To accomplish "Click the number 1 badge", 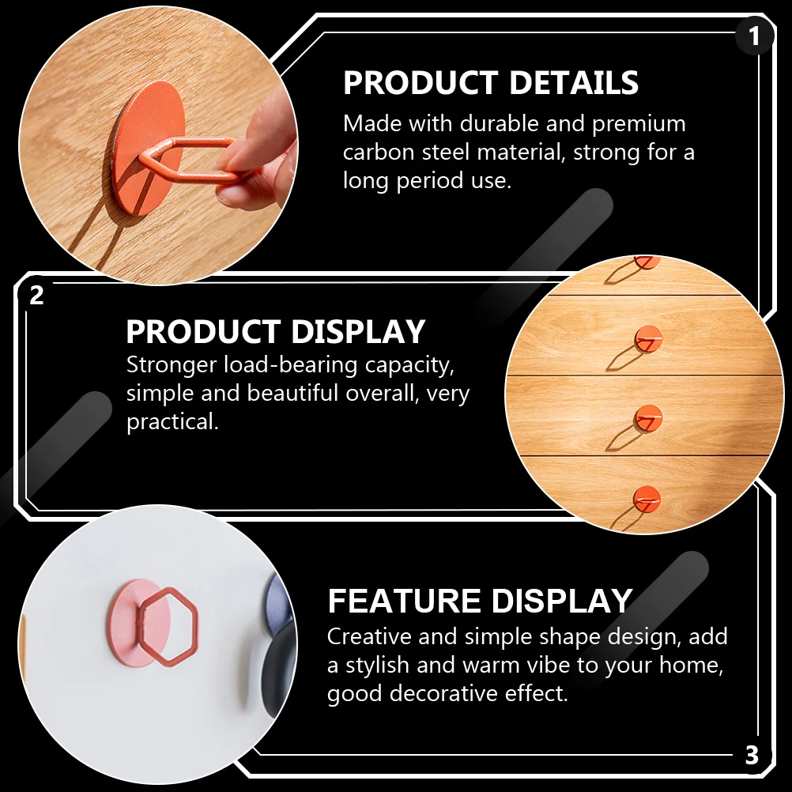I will [x=754, y=36].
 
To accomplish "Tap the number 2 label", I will [x=36, y=296].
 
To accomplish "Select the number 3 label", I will [x=752, y=755].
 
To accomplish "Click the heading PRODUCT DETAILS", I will [x=491, y=83].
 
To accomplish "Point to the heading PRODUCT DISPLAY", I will [x=276, y=332].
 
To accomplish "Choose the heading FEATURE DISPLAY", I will [x=480, y=602].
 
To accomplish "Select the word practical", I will [x=172, y=422].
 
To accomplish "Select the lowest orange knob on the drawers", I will [x=647, y=499].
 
